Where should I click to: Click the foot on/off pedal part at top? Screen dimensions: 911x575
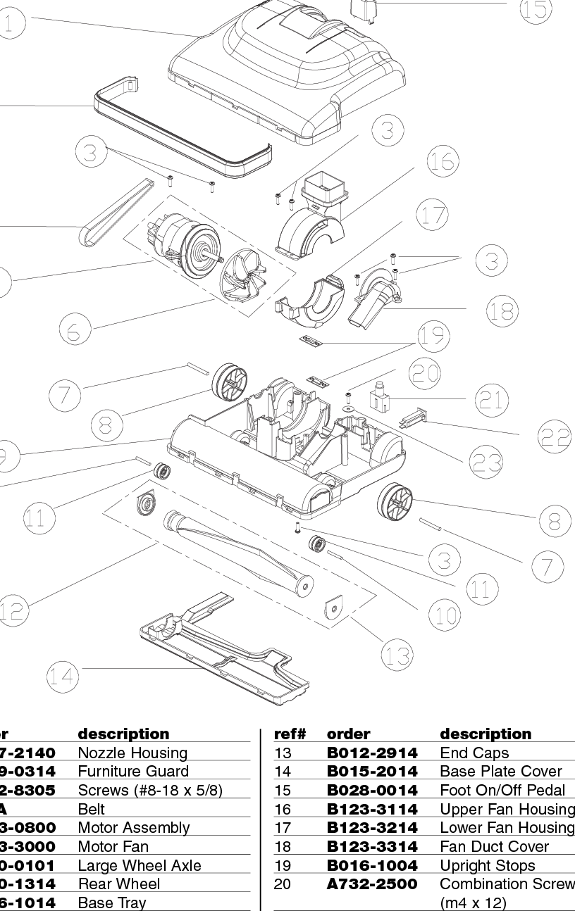pyautogui.click(x=361, y=8)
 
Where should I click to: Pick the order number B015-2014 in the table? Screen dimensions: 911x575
pyautogui.click(x=372, y=772)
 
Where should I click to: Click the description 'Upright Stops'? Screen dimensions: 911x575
pyautogui.click(x=487, y=865)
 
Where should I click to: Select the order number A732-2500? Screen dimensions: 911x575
pyautogui.click(x=372, y=884)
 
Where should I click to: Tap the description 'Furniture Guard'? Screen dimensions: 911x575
pyautogui.click(x=133, y=772)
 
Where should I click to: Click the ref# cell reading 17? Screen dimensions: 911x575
pyautogui.click(x=282, y=828)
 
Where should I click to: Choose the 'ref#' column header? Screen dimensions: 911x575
pyautogui.click(x=289, y=734)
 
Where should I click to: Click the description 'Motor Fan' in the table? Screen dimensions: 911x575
pyautogui.click(x=113, y=846)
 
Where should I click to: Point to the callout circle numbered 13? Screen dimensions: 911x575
pyautogui.click(x=396, y=656)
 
